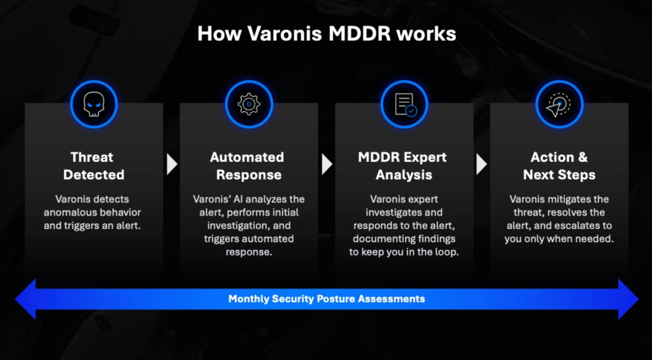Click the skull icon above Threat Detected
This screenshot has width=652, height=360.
pos(94,104)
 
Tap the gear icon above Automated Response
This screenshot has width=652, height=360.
pos(249,104)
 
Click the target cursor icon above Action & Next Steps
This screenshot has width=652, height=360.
pos(559,104)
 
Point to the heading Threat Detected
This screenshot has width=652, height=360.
pos(94,166)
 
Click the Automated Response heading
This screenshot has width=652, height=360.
pos(249,166)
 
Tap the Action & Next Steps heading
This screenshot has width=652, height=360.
pos(559,166)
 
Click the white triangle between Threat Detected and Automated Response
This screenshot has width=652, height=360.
pos(171,164)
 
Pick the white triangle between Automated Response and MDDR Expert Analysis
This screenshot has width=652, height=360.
pos(327,164)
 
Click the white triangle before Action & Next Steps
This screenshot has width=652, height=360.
pos(481,164)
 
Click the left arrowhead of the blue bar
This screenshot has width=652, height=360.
pos(25,299)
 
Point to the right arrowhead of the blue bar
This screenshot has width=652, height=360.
pos(628,299)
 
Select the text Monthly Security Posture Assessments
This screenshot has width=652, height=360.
pos(327,299)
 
